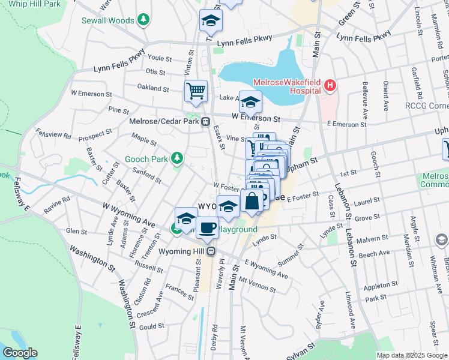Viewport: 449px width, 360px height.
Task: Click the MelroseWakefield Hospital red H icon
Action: coord(329,86)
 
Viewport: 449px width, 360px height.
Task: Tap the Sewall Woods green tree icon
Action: coord(143,20)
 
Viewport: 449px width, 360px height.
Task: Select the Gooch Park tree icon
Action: coord(176,158)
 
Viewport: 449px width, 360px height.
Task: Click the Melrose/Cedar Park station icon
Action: coord(205,121)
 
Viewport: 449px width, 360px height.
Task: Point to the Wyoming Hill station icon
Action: coord(211,251)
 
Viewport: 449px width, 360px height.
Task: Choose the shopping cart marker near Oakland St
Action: coord(196,92)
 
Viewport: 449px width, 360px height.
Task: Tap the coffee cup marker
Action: coord(208,227)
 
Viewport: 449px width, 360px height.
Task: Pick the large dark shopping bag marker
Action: coord(253,201)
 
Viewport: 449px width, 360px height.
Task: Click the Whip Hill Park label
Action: coord(35,4)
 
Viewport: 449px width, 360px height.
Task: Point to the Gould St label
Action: coord(152,326)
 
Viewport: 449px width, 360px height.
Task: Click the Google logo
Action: coord(20,353)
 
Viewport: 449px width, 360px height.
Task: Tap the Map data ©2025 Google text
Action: coord(411,355)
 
